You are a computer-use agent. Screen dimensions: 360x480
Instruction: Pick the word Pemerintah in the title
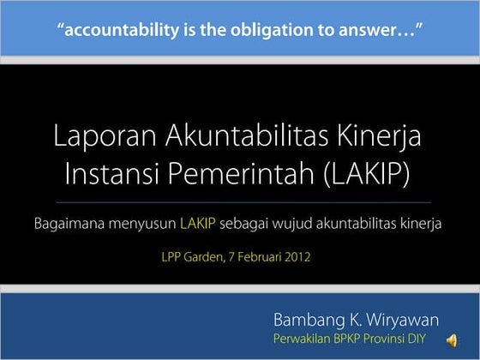pos(253,173)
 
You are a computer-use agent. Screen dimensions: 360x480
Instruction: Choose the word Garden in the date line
pos(207,255)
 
